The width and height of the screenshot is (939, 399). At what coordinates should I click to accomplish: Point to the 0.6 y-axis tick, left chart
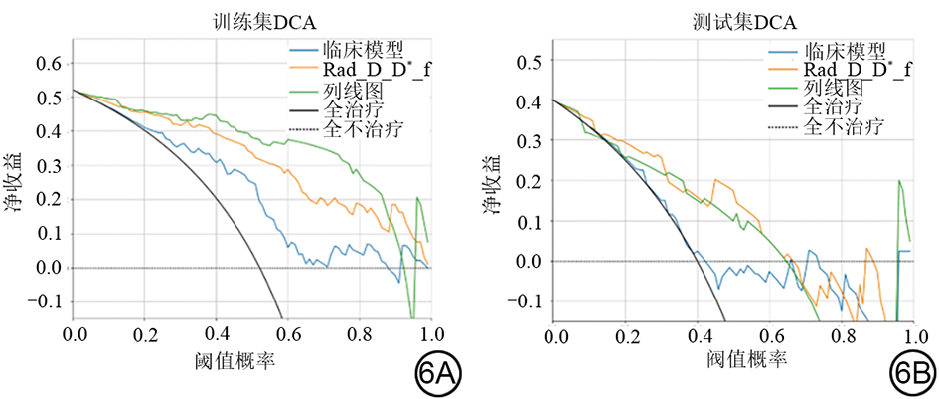pos(48,64)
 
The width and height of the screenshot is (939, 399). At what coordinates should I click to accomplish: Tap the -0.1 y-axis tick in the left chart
pos(43,302)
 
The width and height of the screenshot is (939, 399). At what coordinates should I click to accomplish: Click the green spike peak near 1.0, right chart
pos(899,181)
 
